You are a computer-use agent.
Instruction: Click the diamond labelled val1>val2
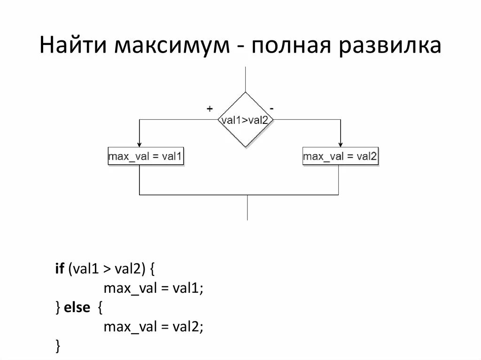[246, 120]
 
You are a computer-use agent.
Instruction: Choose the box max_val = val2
[340, 156]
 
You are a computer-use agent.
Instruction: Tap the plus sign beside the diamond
[209, 108]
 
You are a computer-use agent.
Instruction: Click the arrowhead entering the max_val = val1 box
[140, 145]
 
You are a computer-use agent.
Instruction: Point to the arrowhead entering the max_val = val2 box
[341, 145]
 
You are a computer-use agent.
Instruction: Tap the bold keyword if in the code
[60, 269]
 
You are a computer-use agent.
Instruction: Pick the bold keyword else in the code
[77, 307]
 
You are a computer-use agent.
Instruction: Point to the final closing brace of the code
[58, 346]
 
